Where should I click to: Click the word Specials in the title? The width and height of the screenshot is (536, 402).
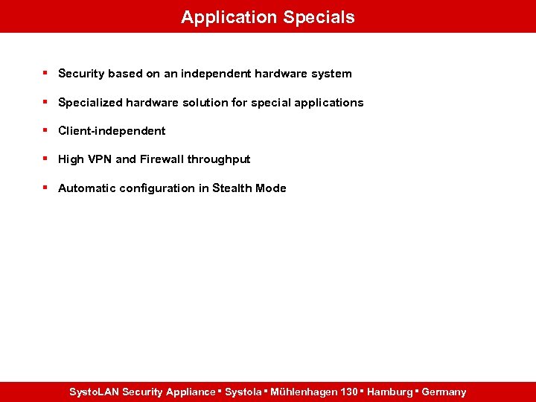point(319,17)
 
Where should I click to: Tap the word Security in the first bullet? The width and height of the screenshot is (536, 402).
point(81,74)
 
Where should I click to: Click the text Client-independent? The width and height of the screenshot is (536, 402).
point(112,131)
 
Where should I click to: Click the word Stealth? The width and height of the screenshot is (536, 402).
point(232,188)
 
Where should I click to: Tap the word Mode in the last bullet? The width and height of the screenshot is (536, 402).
point(271,188)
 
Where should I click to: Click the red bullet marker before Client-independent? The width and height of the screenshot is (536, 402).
point(45,130)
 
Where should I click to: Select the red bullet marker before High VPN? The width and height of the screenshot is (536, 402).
point(45,159)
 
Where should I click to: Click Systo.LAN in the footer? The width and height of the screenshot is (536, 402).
point(94,392)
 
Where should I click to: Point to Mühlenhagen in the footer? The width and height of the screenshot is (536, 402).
point(304,392)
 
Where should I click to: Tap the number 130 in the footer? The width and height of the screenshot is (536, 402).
point(348,392)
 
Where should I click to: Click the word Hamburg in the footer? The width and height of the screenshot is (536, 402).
point(390,392)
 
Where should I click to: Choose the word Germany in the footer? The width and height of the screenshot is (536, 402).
point(444,392)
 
